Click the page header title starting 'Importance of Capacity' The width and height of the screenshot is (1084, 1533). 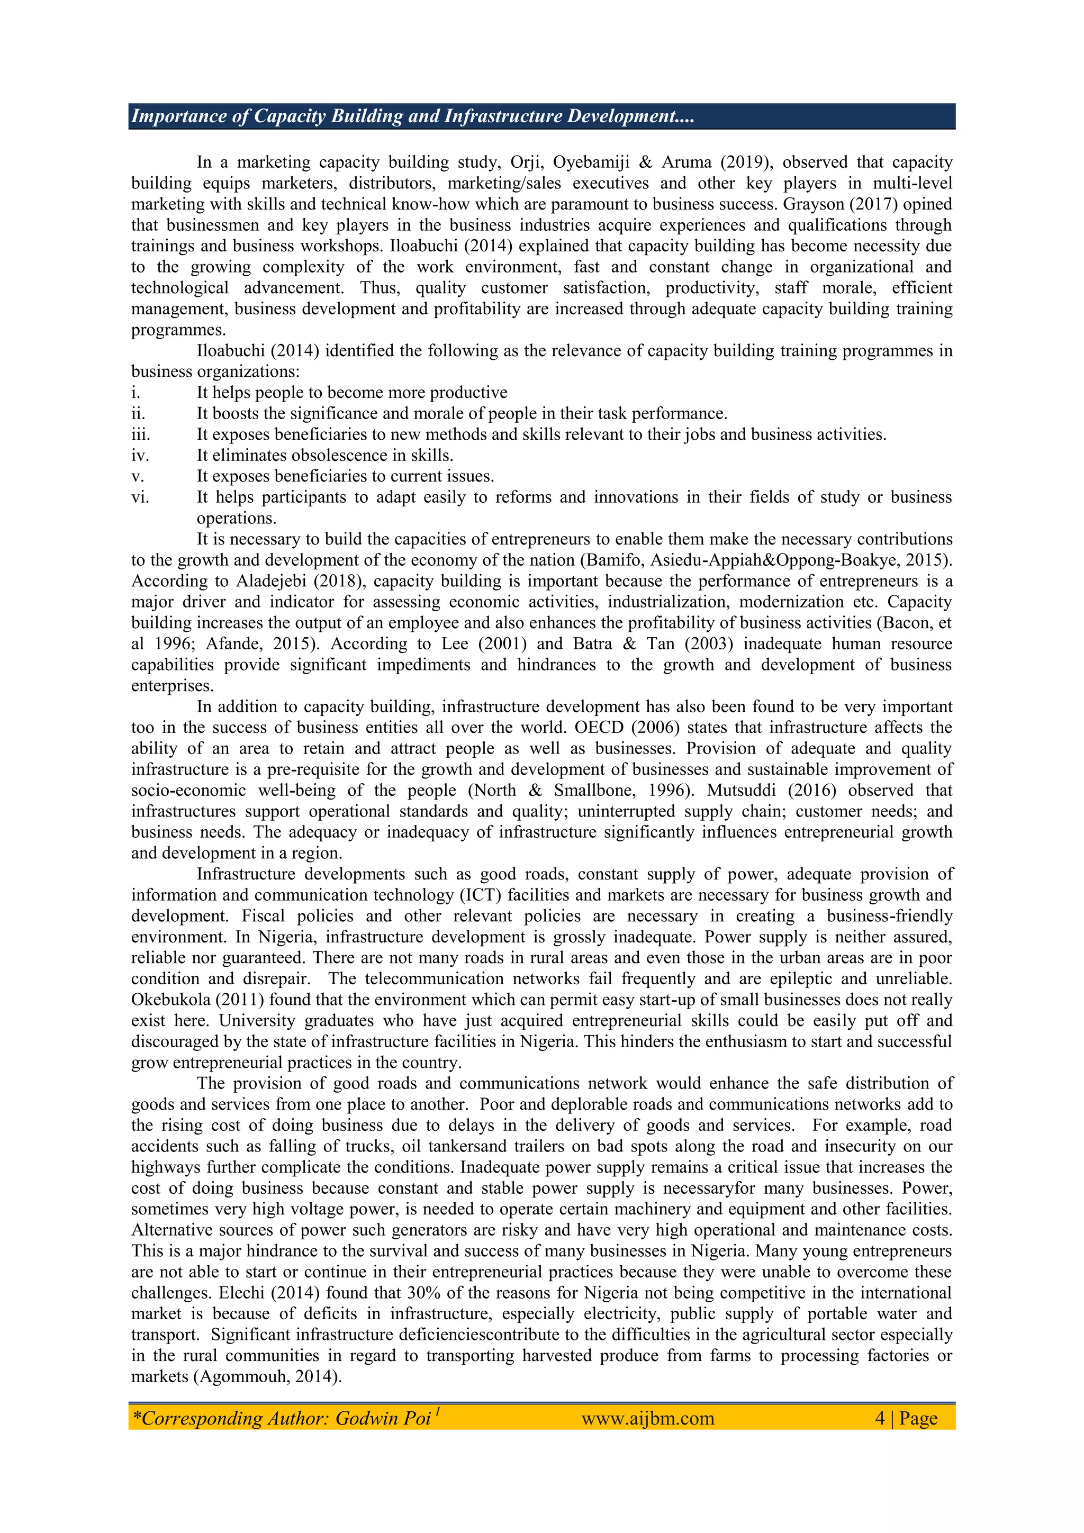click(x=412, y=116)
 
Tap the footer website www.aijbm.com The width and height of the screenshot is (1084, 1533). click(x=647, y=1418)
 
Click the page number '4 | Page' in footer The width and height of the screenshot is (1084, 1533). click(x=906, y=1418)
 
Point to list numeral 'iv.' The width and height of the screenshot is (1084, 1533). click(x=140, y=456)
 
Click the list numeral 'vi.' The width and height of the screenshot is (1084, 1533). click(x=140, y=497)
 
